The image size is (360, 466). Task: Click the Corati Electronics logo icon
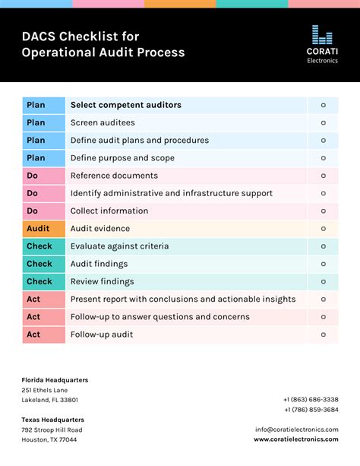point(322,35)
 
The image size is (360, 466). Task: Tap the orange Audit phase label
point(38,229)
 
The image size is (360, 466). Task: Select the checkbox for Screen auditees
point(323,122)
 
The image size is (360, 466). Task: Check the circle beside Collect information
point(323,211)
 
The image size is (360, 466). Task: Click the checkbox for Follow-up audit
point(323,334)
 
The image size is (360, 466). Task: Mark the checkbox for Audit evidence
point(323,229)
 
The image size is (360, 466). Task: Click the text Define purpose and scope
point(122,158)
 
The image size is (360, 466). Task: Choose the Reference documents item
point(114,176)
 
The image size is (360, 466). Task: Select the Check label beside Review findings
point(39,281)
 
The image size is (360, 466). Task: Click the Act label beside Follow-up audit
point(34,334)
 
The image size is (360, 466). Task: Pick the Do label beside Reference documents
point(33,176)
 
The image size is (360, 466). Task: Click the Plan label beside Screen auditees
point(36,122)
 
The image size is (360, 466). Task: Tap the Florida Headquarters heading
point(55,380)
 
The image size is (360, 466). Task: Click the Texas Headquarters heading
point(52,420)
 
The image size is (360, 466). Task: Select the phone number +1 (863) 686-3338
point(311,400)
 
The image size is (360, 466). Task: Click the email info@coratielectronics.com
point(297,430)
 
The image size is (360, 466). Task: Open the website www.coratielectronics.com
point(296,439)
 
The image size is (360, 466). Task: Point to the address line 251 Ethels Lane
point(45,390)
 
